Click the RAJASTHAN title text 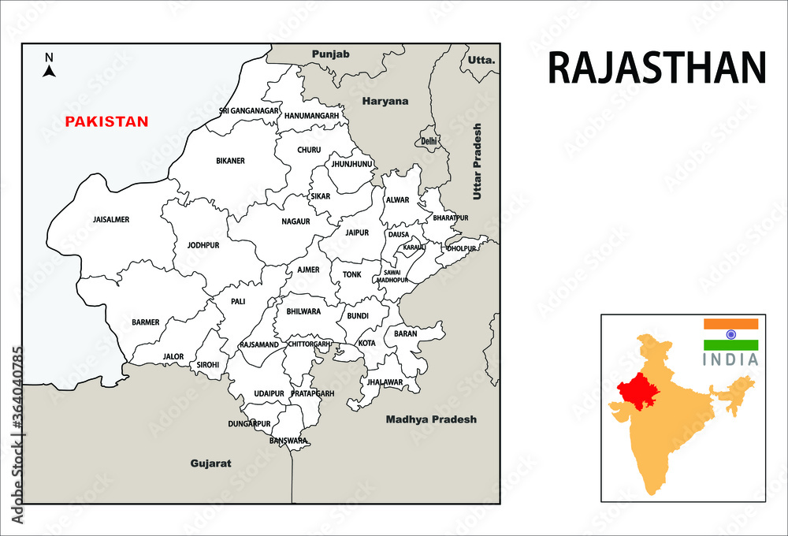(x=656, y=69)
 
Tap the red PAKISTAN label (x=106, y=121)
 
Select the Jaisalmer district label (x=111, y=219)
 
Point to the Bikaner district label (x=230, y=161)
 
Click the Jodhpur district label (x=203, y=245)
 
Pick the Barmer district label (x=146, y=322)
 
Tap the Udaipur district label (x=269, y=393)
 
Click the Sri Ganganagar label (x=249, y=111)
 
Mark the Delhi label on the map (x=429, y=141)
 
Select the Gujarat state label (x=210, y=463)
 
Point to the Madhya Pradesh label (x=431, y=419)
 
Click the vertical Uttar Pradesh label (x=477, y=161)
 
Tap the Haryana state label (x=385, y=101)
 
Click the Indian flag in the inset (x=730, y=334)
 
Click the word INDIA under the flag (x=730, y=359)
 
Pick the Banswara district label (x=288, y=441)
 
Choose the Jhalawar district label (x=384, y=382)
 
